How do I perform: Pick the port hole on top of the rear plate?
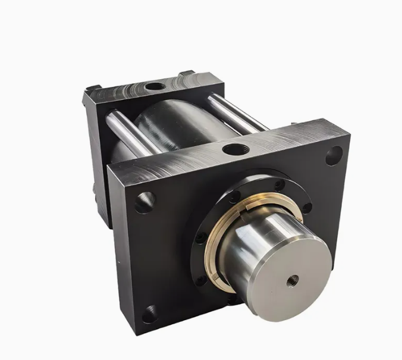155,87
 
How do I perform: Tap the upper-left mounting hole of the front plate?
145,202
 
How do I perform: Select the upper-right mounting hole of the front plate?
333,156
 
